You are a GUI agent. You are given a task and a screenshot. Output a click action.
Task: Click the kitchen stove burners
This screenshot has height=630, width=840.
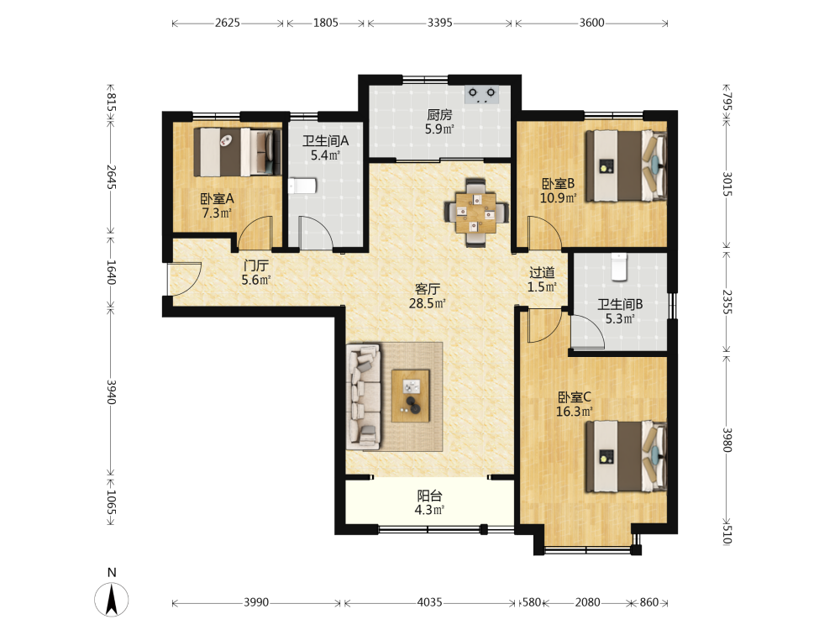(x=481, y=94)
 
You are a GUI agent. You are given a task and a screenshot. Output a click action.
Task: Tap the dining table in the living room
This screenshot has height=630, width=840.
(x=475, y=213)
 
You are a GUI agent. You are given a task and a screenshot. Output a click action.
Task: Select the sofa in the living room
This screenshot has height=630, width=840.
(x=364, y=396)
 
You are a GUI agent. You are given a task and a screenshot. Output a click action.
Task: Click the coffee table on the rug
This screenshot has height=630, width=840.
(x=411, y=396)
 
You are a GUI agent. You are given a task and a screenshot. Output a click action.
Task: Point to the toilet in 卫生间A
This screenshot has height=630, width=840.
(x=302, y=186)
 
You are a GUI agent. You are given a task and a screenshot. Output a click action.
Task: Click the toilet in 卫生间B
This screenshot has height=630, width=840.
(x=619, y=267)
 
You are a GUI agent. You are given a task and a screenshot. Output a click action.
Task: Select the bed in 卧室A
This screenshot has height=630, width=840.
(x=238, y=151)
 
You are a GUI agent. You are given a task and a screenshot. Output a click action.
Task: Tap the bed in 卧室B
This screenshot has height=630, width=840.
(x=626, y=165)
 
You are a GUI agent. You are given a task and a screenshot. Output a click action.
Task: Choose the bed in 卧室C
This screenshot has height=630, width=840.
(x=626, y=457)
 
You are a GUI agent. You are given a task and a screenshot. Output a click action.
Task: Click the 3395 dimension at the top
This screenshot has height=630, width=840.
(x=440, y=23)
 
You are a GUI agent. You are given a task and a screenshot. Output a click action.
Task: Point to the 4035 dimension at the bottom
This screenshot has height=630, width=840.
(x=429, y=602)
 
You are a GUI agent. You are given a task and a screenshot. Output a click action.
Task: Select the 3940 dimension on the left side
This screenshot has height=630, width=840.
(x=112, y=391)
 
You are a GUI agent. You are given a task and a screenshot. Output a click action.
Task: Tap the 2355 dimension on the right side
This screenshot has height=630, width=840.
(x=727, y=302)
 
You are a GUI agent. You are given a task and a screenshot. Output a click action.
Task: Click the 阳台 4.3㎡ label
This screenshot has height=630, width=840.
(x=429, y=502)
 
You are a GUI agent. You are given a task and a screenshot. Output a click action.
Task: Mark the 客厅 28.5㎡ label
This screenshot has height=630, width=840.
(x=428, y=297)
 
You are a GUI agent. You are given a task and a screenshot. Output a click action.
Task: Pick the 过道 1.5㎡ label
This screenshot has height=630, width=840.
(x=542, y=280)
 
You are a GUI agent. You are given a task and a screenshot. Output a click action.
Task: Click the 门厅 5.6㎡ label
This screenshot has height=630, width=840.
(x=256, y=272)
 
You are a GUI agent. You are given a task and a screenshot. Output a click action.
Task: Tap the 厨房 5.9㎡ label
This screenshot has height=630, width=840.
(x=439, y=122)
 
